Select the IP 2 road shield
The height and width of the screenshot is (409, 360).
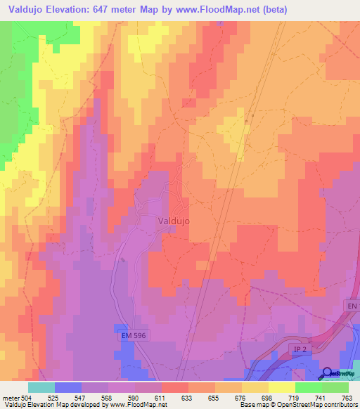pyautogui.click(x=300, y=349)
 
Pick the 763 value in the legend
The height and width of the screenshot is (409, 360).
pyautogui.click(x=347, y=398)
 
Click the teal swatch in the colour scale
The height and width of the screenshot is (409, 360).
pyautogui.click(x=41, y=387)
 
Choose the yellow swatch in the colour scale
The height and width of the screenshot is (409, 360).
pyautogui.click(x=281, y=387)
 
